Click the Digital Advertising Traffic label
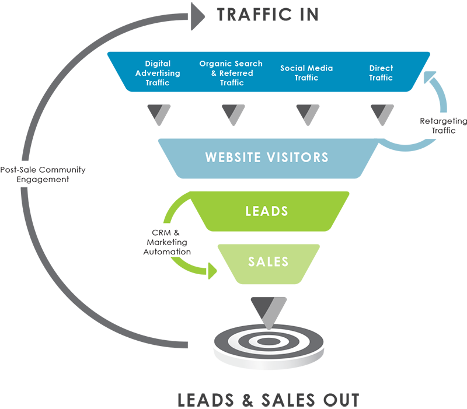click(158, 74)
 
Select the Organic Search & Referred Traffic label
click(231, 73)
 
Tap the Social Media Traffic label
click(306, 73)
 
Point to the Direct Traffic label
click(381, 73)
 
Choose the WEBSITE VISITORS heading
click(267, 158)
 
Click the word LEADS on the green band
click(267, 211)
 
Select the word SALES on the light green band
click(269, 261)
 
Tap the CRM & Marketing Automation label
click(168, 242)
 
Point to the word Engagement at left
click(43, 180)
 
